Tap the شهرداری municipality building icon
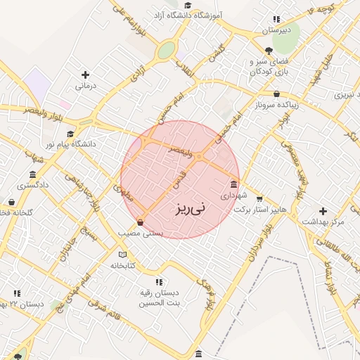[x=233, y=186]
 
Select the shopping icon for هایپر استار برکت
[x=259, y=198]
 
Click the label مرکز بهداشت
[x=322, y=222]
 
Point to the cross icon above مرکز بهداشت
[x=323, y=211]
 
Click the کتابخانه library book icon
[x=124, y=254]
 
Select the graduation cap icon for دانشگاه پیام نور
[x=70, y=134]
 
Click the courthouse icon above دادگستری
[x=32, y=174]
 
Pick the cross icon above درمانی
[x=85, y=75]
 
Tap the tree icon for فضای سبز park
[x=269, y=50]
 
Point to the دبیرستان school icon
[x=276, y=19]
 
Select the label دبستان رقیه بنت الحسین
[x=157, y=298]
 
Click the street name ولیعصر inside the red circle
[x=180, y=149]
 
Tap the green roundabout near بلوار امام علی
[x=166, y=51]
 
